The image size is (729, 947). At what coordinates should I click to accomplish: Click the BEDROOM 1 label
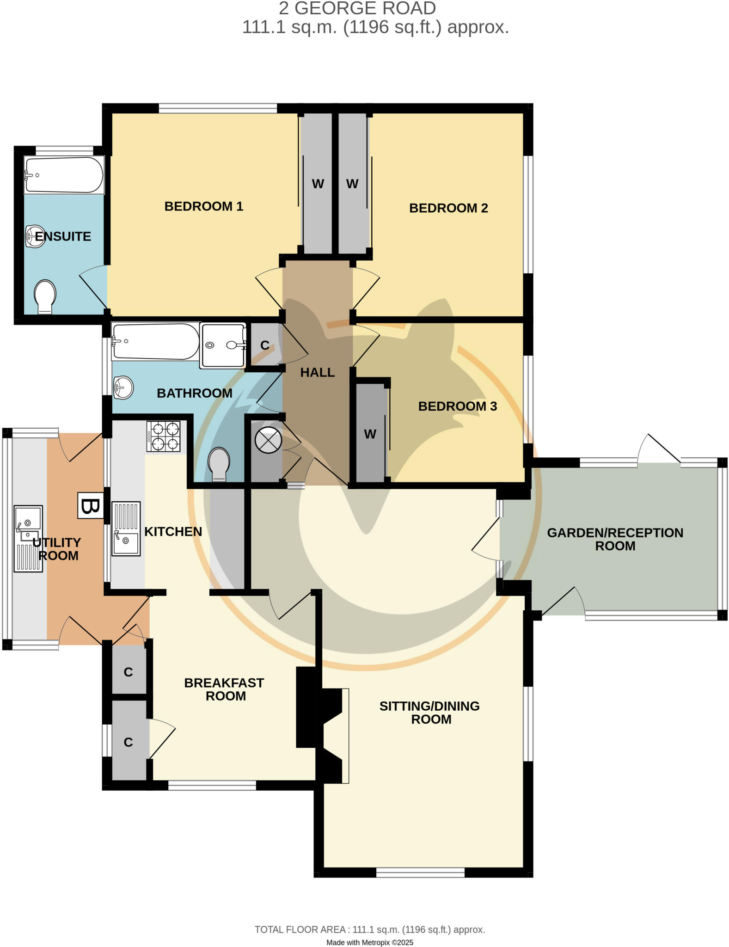click(x=203, y=206)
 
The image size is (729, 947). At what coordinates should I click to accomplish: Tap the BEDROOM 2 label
click(x=448, y=208)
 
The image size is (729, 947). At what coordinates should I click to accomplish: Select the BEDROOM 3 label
click(x=457, y=406)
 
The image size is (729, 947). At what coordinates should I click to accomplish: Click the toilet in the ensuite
click(x=45, y=296)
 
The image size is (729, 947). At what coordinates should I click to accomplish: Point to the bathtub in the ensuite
click(x=64, y=175)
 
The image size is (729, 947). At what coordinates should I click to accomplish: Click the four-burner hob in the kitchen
click(x=163, y=437)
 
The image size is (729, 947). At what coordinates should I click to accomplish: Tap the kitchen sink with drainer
click(x=126, y=529)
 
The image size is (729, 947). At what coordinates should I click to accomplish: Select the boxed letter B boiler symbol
click(x=90, y=505)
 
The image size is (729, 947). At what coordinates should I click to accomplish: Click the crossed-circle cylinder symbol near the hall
click(x=268, y=440)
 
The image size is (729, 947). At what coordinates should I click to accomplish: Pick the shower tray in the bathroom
click(x=223, y=345)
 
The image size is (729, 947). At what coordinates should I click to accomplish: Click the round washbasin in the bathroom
click(x=123, y=387)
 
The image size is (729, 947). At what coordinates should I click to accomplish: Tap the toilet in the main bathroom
click(x=219, y=464)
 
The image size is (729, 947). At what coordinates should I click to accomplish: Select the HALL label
click(x=317, y=372)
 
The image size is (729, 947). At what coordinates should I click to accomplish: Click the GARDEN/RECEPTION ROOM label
click(x=615, y=539)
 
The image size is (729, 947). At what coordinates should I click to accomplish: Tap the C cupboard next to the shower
click(x=264, y=345)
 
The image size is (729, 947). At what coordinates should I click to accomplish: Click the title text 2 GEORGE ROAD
click(x=357, y=8)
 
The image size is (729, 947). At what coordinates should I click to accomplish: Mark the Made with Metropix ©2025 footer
click(x=369, y=942)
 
